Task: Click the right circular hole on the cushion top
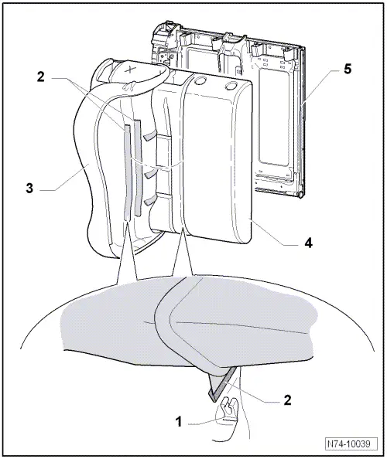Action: point(229,86)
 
